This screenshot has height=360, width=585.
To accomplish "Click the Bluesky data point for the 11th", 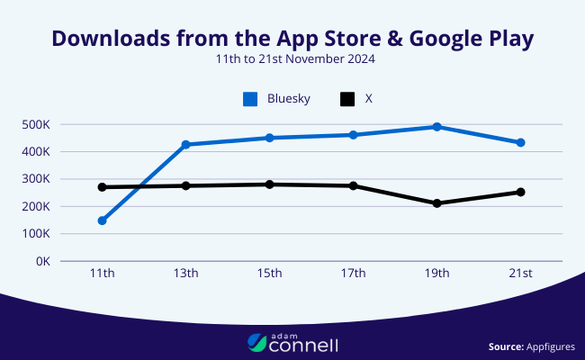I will [102, 220].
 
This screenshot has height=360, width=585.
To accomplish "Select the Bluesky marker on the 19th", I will [436, 127].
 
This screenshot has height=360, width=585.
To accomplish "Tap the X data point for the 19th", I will [436, 203].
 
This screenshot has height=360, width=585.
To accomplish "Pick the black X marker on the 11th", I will [102, 187].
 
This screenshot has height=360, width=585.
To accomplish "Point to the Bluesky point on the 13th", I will [185, 144].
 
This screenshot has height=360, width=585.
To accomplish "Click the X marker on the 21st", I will [520, 192].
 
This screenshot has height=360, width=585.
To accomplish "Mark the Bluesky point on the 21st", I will [520, 142].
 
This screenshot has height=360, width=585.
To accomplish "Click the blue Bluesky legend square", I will [250, 99].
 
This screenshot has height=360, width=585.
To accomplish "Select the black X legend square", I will [346, 99].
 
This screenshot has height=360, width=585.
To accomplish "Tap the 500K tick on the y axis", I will [36, 124].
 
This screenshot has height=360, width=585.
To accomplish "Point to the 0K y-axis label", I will [43, 262].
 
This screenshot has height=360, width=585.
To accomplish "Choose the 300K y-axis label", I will [36, 179].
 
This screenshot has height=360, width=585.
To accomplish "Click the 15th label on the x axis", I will [269, 274].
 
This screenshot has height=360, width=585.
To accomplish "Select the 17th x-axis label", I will [353, 274].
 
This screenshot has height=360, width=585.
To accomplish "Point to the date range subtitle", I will [292, 59].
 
